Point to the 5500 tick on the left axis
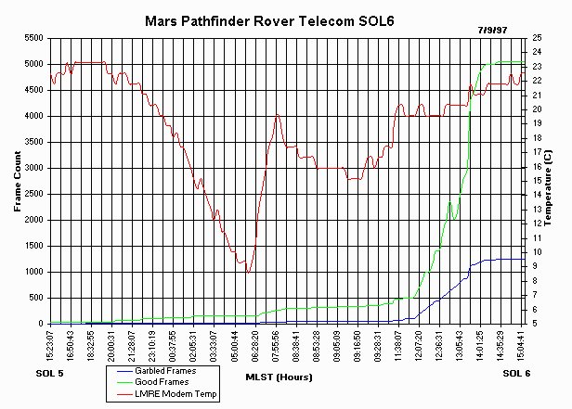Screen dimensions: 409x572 point(32,39)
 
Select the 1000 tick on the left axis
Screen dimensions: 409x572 point(32,272)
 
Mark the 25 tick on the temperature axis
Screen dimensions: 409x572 point(538,38)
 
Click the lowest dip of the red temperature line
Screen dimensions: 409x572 point(248,273)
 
